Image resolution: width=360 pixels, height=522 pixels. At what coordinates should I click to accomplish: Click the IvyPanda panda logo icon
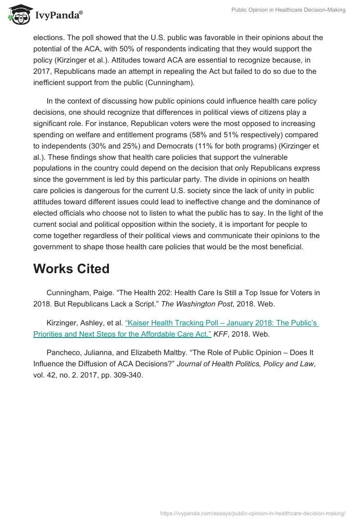tap(18, 14)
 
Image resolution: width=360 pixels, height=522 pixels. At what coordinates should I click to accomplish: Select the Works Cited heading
tap(71, 269)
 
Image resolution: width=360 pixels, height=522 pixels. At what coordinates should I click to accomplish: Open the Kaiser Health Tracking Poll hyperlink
tap(175, 328)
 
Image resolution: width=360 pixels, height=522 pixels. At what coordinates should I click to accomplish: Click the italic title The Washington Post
tap(196, 304)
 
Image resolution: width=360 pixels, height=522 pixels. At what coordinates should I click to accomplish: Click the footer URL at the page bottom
tap(253, 513)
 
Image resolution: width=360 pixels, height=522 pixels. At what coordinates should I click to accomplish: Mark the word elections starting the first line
tap(49, 37)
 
